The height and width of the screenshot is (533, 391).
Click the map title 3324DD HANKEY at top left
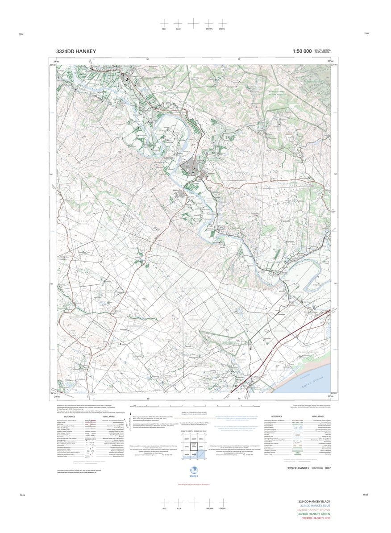tap(76, 51)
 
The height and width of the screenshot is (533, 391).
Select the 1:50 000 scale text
tap(302, 51)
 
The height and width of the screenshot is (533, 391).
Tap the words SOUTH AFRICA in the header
tap(323, 50)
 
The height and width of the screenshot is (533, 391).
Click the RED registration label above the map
tap(164, 29)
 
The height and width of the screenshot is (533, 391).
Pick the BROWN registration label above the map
tap(209, 29)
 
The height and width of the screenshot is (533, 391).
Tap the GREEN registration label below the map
tap(222, 508)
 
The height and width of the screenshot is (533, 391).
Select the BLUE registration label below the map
tap(179, 508)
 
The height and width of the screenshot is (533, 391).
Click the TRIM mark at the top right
tap(366, 33)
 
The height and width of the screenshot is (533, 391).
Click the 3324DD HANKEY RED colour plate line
tap(316, 518)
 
